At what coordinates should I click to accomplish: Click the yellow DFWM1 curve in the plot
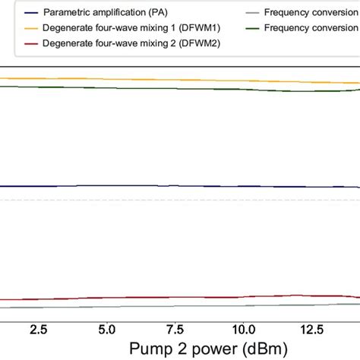[152, 80]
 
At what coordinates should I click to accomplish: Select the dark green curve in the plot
[152, 88]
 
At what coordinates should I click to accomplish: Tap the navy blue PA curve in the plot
[152, 186]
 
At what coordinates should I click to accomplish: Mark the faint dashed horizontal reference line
[152, 200]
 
